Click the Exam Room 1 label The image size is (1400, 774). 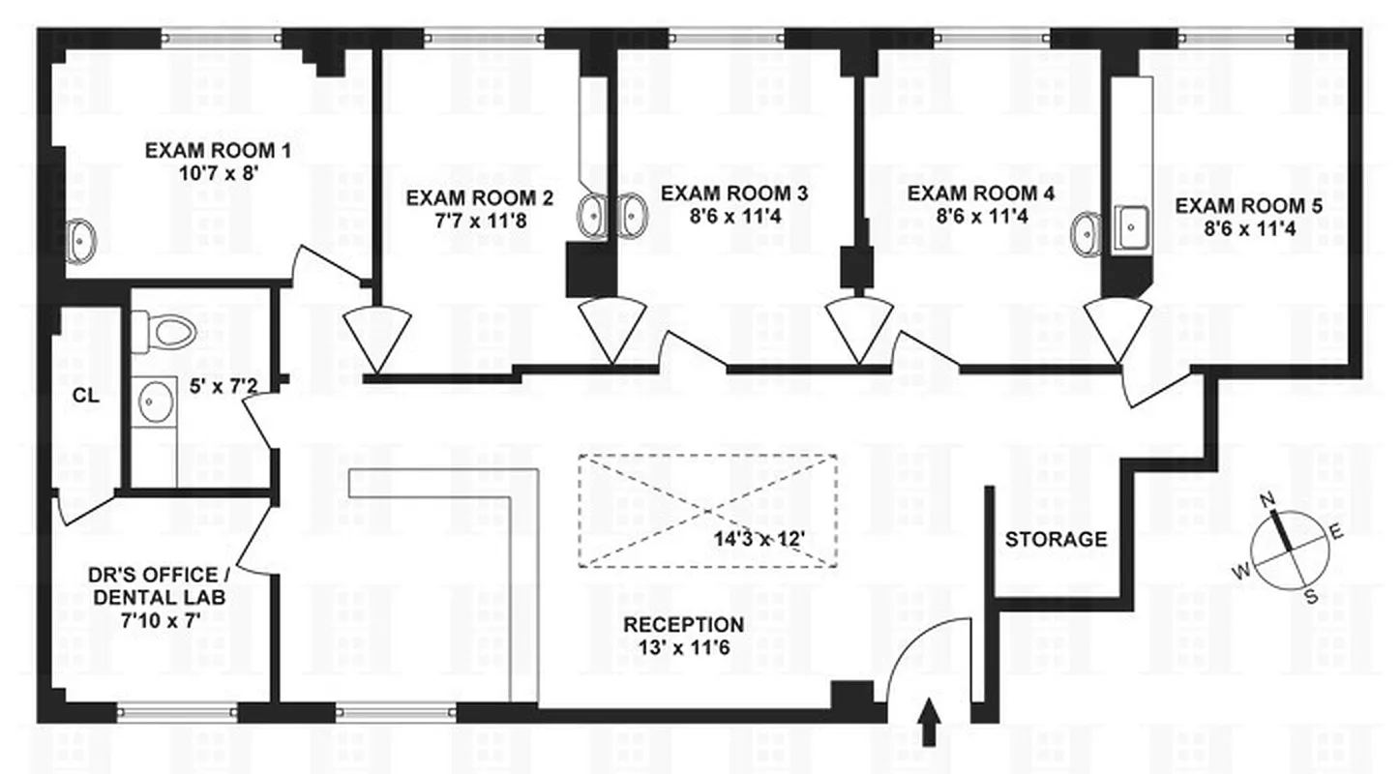tap(218, 151)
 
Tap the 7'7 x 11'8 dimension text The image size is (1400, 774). tap(481, 221)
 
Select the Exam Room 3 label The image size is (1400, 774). tap(734, 193)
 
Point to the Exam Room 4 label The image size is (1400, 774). tap(981, 193)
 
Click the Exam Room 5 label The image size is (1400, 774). tap(1249, 206)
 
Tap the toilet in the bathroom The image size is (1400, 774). tap(164, 331)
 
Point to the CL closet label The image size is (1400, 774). tap(85, 396)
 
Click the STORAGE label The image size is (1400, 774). tap(1056, 539)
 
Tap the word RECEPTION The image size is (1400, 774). tap(684, 625)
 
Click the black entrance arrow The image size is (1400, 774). tap(930, 721)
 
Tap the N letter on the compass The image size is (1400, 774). tap(1266, 499)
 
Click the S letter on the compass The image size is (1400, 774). tap(1311, 596)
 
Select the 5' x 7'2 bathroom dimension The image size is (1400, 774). tap(223, 386)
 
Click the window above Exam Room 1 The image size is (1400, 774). tap(222, 38)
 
